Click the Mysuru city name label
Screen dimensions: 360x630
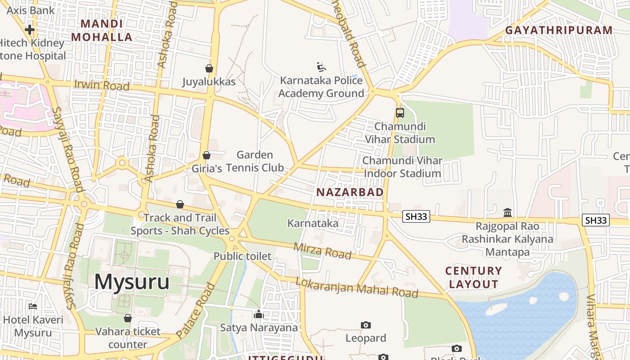(x=131, y=282)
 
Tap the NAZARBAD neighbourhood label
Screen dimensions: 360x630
(x=350, y=193)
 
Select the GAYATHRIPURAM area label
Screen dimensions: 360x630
(x=558, y=31)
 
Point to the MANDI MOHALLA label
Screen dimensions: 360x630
(x=102, y=31)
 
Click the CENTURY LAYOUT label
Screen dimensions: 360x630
(x=473, y=278)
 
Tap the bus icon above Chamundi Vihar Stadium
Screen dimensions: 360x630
(x=400, y=113)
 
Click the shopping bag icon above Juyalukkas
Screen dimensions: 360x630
(x=209, y=68)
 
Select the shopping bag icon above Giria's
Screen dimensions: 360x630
(x=207, y=155)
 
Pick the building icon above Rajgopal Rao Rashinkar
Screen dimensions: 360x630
(x=508, y=212)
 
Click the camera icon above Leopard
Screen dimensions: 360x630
(x=366, y=325)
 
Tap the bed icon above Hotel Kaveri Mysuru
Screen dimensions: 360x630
(x=33, y=306)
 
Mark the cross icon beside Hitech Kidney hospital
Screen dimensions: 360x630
(x=30, y=30)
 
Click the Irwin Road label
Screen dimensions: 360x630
(x=102, y=85)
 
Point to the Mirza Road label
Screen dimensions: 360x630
(x=322, y=251)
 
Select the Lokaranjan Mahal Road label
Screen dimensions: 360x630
(x=356, y=288)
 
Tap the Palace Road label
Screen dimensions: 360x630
(x=196, y=311)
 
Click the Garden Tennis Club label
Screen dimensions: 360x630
(x=255, y=162)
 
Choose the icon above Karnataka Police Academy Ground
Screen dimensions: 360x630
(x=321, y=67)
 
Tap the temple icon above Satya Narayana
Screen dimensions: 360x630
(x=259, y=314)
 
